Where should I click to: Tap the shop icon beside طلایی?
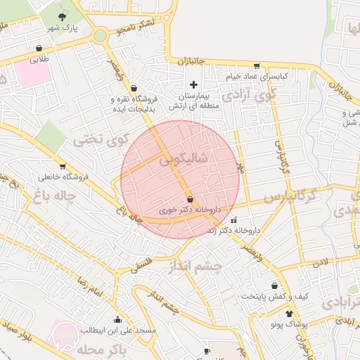(x=38, y=49)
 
